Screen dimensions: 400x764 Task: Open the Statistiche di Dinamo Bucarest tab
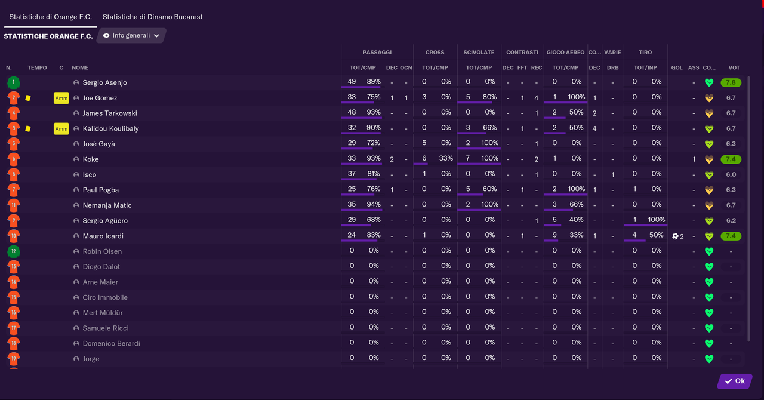coord(152,17)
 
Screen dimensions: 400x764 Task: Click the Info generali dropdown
coord(131,36)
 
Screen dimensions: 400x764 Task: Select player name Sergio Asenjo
coord(104,82)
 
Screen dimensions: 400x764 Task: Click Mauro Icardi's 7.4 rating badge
coord(731,236)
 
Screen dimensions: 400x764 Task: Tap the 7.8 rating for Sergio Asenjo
coord(731,82)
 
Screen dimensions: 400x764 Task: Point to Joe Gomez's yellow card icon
coord(28,98)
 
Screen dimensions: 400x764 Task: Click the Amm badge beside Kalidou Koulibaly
coord(61,129)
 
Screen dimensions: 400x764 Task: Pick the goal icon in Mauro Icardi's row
coord(675,236)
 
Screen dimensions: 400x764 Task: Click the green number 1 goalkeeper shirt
coord(13,82)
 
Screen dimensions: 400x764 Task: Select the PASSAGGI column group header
coord(377,53)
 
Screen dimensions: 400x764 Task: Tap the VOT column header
coord(734,68)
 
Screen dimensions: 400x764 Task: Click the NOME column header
coord(80,68)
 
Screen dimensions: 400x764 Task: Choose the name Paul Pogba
coord(100,190)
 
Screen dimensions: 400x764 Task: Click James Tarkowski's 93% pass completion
coord(374,112)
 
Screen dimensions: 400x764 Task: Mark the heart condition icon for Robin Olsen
coord(709,251)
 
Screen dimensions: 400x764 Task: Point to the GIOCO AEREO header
coord(565,53)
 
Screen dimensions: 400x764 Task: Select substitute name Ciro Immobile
coord(105,297)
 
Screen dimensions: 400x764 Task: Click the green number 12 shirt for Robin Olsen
coord(13,251)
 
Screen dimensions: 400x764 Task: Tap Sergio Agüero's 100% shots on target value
coord(656,220)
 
